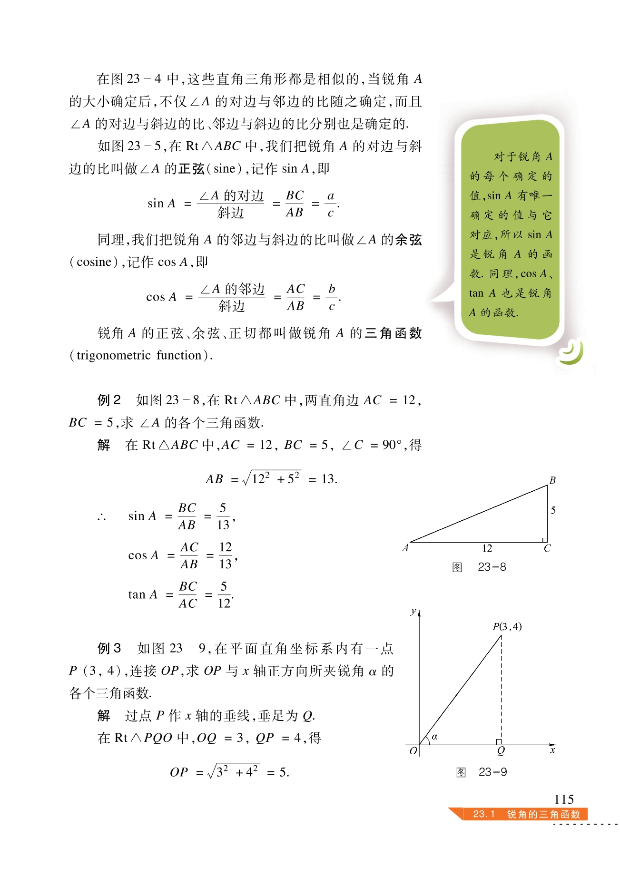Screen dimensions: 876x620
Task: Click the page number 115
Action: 564,799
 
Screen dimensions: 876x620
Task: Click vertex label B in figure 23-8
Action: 552,480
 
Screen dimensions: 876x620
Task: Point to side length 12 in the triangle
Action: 487,548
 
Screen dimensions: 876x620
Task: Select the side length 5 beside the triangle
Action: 553,510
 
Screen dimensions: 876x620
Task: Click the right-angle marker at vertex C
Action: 544,540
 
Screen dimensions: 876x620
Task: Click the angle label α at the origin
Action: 434,737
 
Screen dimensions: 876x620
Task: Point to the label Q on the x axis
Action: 501,750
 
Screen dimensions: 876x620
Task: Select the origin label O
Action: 413,750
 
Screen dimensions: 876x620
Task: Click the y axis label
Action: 413,611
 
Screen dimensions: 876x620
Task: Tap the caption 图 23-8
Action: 479,567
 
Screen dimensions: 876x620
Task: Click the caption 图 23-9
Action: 481,772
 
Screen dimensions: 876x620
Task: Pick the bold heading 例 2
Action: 109,400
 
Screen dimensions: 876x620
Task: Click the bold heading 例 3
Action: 109,648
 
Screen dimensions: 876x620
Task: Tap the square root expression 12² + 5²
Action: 272,478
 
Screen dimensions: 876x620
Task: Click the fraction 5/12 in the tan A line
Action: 224,594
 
